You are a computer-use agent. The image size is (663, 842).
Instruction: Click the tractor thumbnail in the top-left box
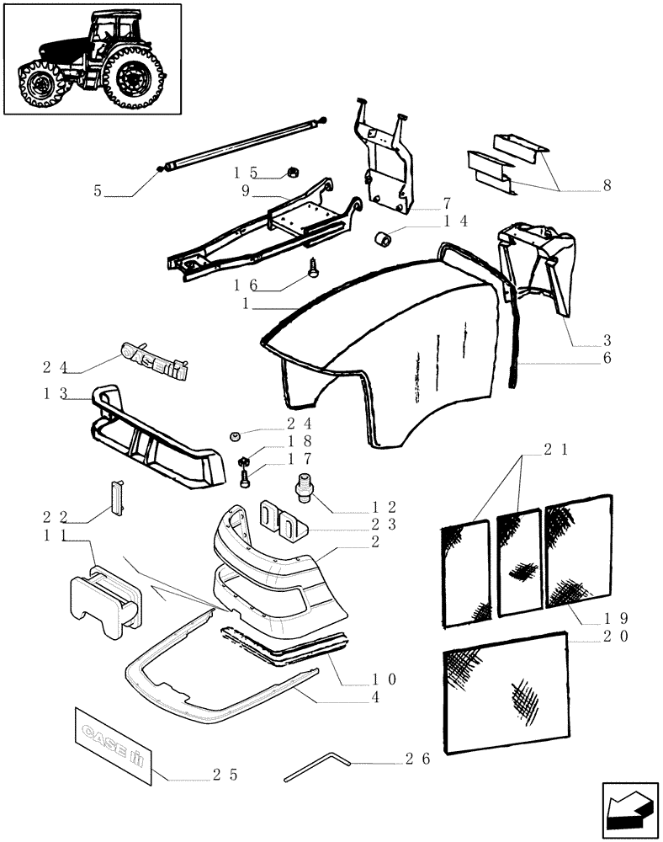coord(93,59)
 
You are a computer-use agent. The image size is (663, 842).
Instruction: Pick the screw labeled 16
coord(312,267)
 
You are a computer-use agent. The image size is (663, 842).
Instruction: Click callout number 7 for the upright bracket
coord(447,203)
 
